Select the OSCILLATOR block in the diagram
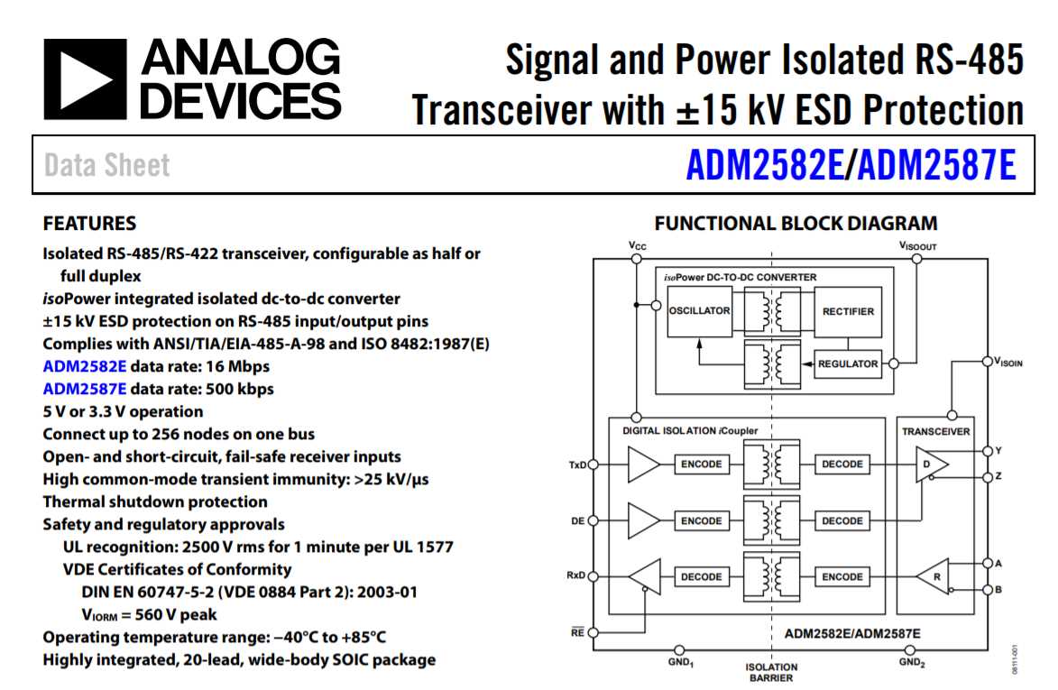tap(699, 311)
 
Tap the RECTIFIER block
tap(848, 311)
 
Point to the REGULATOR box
tap(847, 364)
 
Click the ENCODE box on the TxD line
tap(701, 465)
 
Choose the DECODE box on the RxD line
tap(701, 577)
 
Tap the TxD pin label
tap(576, 465)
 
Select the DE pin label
tap(578, 521)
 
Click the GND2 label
tap(910, 662)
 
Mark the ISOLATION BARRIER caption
tap(771, 673)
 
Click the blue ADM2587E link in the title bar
tap(937, 165)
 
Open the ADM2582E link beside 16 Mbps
tap(85, 367)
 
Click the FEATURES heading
tap(89, 224)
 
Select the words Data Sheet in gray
tap(106, 166)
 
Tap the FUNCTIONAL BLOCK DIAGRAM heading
tap(796, 224)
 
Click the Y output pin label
tap(998, 450)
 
